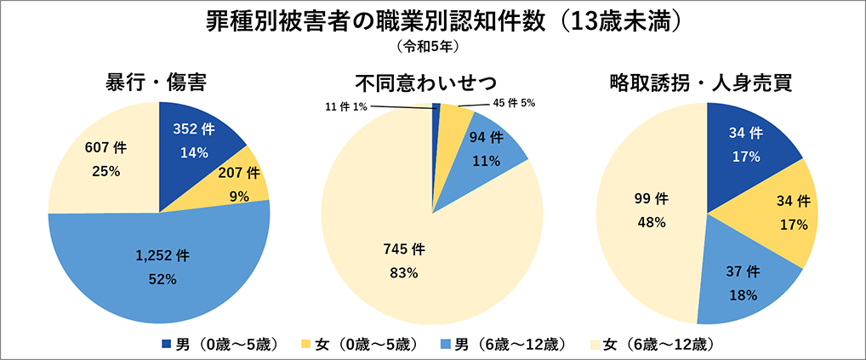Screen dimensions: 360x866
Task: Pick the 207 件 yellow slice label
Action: pos(239,174)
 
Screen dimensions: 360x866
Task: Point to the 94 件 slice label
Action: pos(484,140)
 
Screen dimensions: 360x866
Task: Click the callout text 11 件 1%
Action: pos(346,106)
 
